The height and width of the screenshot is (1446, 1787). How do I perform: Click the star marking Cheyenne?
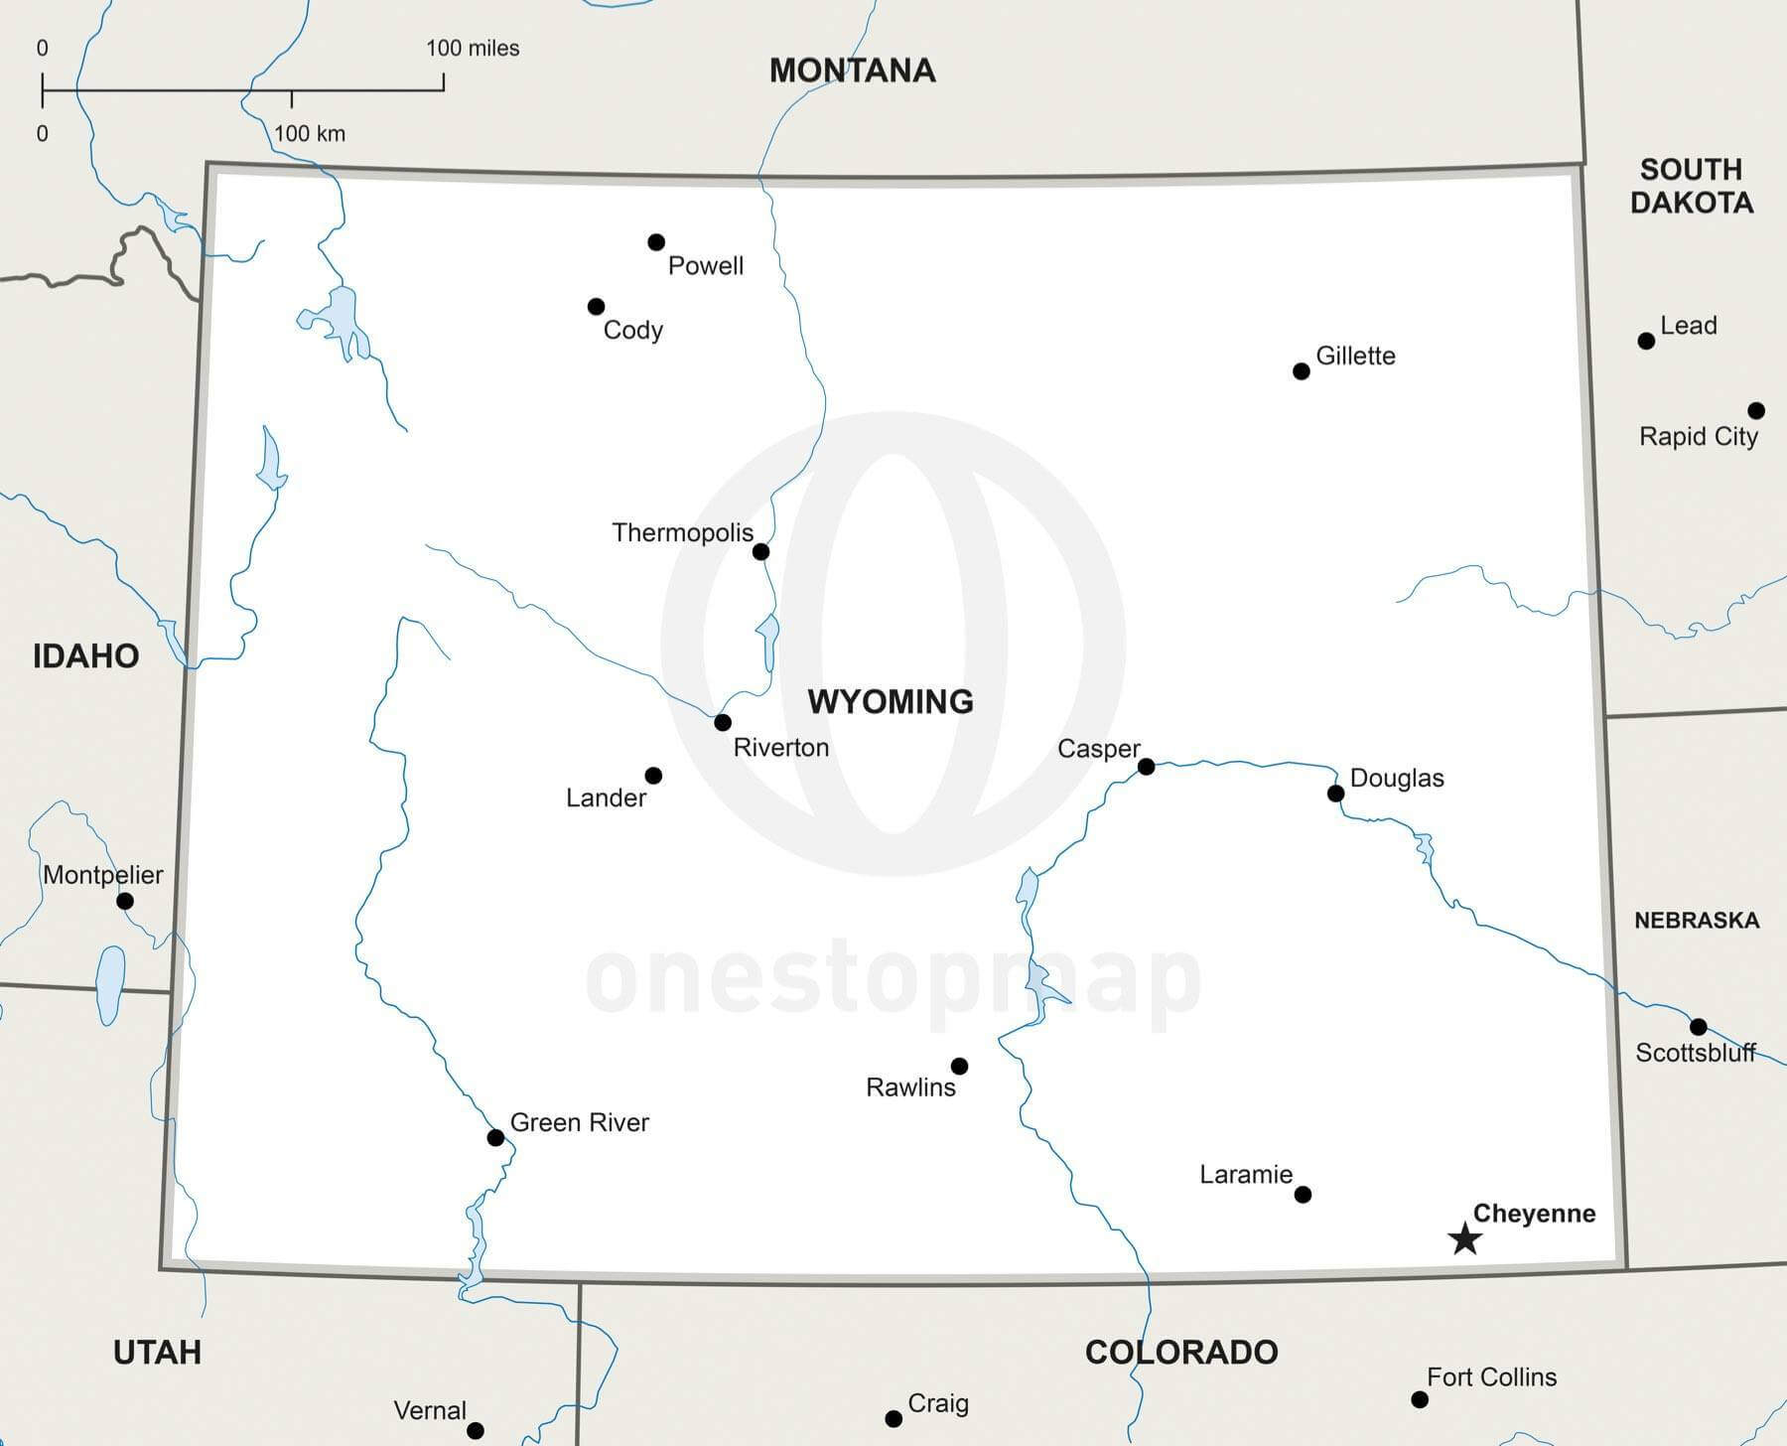(1464, 1238)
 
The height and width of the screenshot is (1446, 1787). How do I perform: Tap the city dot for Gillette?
(1301, 371)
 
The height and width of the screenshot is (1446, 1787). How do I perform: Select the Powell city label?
(705, 266)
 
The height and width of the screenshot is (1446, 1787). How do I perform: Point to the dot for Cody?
(596, 306)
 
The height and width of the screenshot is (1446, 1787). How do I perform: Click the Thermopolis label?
(682, 533)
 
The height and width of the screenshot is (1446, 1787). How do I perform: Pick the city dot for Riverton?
(723, 722)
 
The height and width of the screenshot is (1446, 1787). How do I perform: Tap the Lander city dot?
(653, 776)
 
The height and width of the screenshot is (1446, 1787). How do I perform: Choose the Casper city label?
(1098, 749)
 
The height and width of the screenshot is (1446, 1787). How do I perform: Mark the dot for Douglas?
(1335, 794)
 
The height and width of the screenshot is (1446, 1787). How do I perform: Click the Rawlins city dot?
(959, 1066)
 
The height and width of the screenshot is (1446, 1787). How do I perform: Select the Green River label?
(579, 1122)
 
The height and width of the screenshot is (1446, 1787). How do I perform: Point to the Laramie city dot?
(1303, 1194)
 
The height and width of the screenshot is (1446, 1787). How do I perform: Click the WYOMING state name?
(890, 702)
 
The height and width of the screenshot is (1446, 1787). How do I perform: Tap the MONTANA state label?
(852, 71)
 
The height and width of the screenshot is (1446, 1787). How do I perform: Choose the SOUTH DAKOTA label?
(1691, 186)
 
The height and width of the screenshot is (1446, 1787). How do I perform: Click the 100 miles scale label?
(473, 49)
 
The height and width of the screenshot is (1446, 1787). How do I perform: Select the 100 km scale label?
(310, 134)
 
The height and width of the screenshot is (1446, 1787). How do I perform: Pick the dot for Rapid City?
(1756, 410)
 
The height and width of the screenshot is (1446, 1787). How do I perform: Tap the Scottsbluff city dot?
(1699, 1027)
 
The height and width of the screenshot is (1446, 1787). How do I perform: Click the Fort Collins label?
(1491, 1377)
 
